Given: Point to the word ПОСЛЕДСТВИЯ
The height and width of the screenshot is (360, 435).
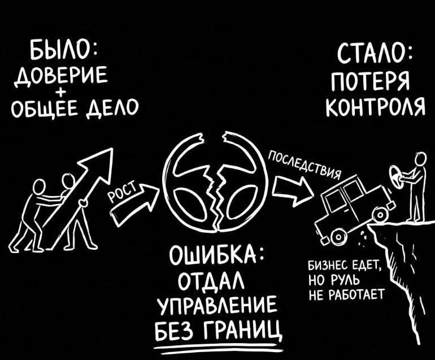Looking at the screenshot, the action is (x=305, y=163).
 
